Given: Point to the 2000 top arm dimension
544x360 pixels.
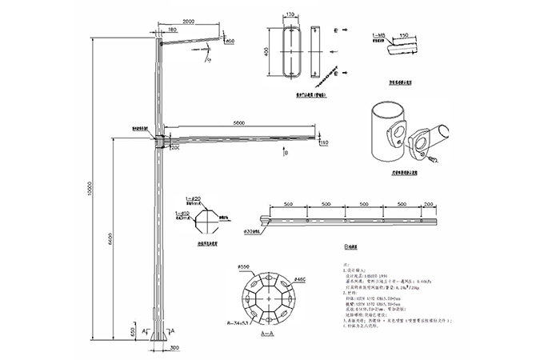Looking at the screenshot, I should coord(188,21).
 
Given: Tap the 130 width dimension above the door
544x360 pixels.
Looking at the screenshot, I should coord(290,14).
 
